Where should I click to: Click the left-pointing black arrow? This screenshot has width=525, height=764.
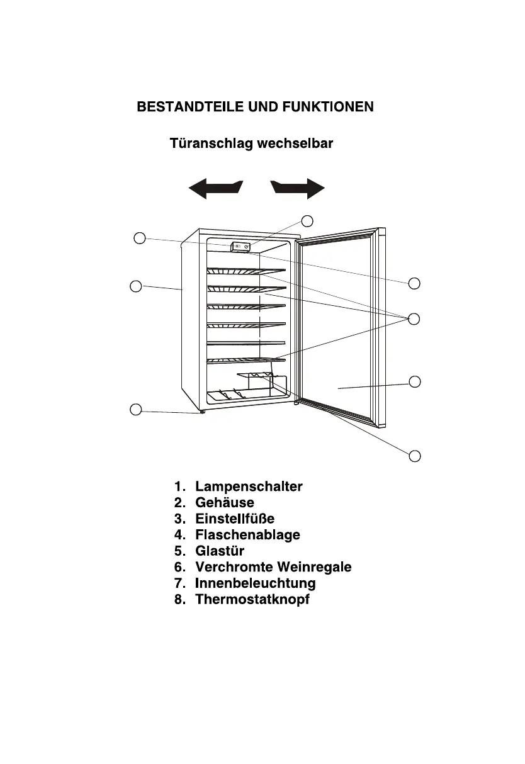pos(215,188)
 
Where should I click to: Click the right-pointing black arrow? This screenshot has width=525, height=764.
pos(298,188)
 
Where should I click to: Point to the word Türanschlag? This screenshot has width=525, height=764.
pos(206,143)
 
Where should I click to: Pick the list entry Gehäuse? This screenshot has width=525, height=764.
pos(225,503)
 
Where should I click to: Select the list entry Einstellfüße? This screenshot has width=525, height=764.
pos(235,519)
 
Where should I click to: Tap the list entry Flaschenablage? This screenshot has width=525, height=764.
pos(247,535)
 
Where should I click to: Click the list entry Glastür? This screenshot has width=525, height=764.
pos(220,551)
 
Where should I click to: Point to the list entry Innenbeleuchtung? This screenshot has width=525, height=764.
pos(255,583)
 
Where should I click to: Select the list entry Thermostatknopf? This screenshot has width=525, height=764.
pos(252,599)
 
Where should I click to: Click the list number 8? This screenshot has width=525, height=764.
pos(179,599)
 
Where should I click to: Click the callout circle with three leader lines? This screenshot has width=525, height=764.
pos(414,318)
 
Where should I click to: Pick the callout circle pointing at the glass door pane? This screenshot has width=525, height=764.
pos(414,381)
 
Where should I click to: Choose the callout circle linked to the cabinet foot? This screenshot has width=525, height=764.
pos(135,410)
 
